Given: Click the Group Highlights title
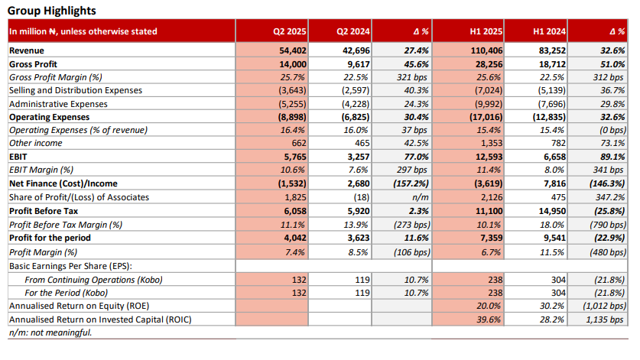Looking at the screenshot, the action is click(x=52, y=11).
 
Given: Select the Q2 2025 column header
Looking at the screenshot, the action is click(x=290, y=31).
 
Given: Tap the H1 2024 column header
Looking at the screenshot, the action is click(x=549, y=31).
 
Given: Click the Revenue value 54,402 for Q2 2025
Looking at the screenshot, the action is click(x=293, y=50).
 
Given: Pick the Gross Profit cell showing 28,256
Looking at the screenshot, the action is click(x=489, y=64).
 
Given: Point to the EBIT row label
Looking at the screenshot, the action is click(x=18, y=157).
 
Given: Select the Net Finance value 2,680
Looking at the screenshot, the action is click(x=359, y=183).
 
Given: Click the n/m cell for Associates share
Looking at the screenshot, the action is click(x=421, y=197).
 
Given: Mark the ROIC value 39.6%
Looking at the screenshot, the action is click(x=489, y=319).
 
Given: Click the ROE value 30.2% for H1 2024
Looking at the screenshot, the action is click(x=552, y=306).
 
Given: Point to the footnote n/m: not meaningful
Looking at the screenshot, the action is click(x=50, y=332).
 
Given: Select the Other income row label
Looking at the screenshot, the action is click(x=35, y=143).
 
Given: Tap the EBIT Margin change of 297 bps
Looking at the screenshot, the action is click(x=412, y=170).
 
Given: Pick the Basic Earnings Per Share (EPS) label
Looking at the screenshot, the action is click(x=70, y=266).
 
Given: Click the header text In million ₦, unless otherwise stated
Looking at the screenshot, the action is click(x=83, y=31).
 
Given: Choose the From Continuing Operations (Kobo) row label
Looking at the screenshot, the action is click(x=93, y=280).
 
